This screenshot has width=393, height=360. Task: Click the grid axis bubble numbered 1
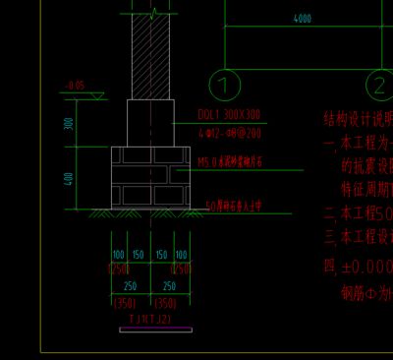tap(225, 85)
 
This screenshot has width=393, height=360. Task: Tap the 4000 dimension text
tap(302, 19)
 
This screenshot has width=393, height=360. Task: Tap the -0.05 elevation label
tap(76, 86)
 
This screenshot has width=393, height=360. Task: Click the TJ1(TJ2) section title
tap(149, 319)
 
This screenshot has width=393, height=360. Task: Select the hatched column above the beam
tap(151, 54)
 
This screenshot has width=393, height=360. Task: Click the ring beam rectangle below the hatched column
tap(151, 122)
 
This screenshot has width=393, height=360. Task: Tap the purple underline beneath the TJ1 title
tap(149, 330)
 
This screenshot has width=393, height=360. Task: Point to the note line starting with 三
tap(358, 237)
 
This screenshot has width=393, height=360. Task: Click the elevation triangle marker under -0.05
tap(98, 94)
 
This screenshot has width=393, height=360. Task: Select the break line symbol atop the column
tap(152, 13)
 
